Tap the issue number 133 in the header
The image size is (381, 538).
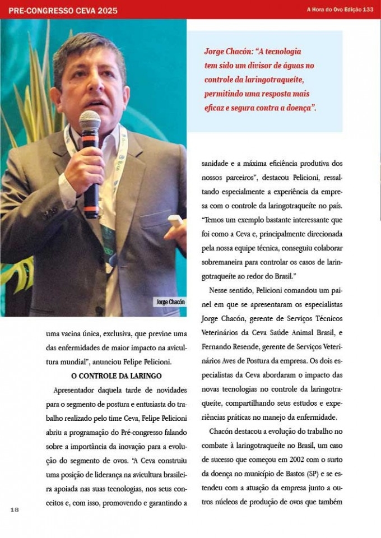(x=368, y=10)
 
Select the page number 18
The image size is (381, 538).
(x=15, y=509)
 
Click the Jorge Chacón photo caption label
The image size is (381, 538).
(x=170, y=302)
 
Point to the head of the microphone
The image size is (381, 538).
(x=90, y=121)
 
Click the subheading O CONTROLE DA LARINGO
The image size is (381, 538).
(x=117, y=375)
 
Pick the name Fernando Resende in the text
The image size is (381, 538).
(x=227, y=347)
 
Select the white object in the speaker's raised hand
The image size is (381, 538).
(x=175, y=220)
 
